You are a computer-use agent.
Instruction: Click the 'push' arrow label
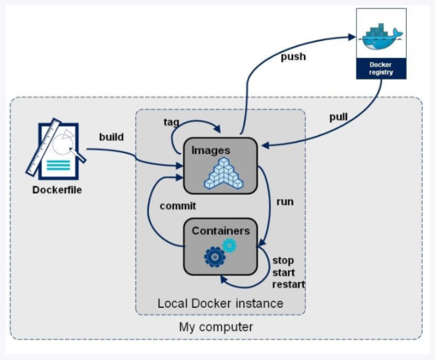[x=293, y=57]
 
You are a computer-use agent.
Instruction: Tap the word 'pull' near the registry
[x=339, y=117]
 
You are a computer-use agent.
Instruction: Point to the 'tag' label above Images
[x=171, y=122]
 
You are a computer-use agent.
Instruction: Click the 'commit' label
[x=178, y=206]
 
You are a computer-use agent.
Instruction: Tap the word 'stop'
[x=283, y=260]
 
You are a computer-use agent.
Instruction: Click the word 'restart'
[x=289, y=284]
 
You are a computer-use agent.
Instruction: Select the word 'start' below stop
[x=284, y=272]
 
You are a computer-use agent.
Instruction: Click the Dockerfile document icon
[x=55, y=150]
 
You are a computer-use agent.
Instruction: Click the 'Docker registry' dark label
[x=380, y=69]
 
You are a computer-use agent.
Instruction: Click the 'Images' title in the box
[x=210, y=150]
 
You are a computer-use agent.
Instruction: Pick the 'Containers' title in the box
[x=220, y=231]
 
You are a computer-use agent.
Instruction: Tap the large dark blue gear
[x=215, y=255]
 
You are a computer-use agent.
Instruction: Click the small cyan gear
[x=229, y=245]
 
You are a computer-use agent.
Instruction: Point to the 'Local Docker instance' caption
[x=220, y=303]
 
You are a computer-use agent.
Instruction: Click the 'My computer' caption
[x=216, y=327]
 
